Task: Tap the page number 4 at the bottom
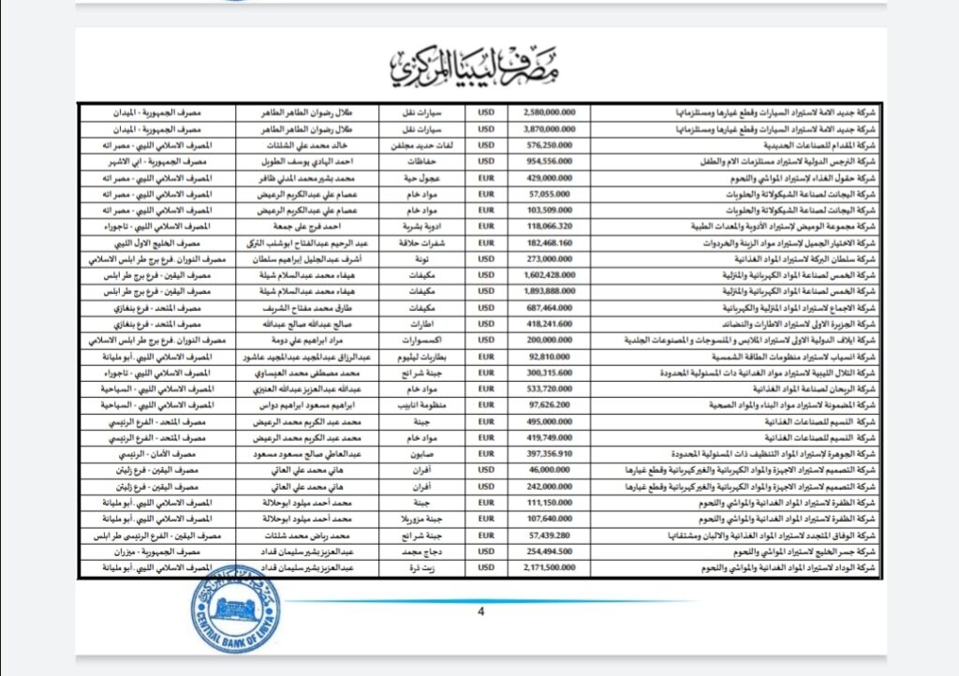(x=481, y=611)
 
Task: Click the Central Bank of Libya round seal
(x=229, y=610)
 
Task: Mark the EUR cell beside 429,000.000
(x=486, y=177)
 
